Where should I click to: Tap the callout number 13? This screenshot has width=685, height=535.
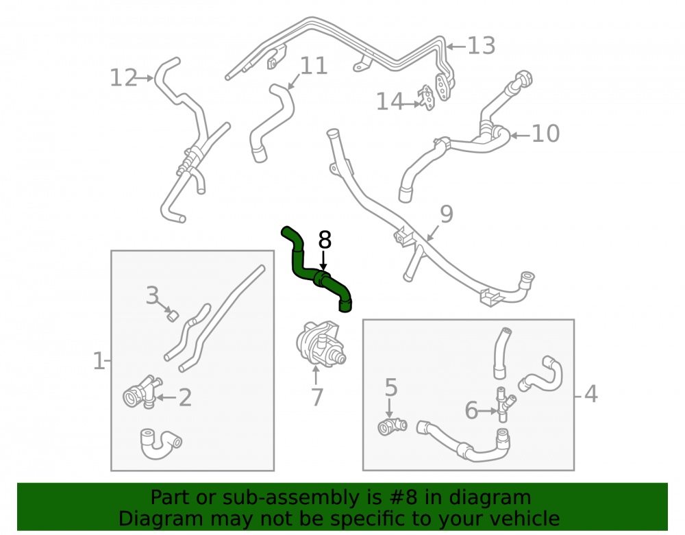click(x=481, y=46)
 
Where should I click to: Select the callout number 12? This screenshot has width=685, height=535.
click(x=123, y=77)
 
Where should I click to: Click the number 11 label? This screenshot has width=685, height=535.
click(x=314, y=66)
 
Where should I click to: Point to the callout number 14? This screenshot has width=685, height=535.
click(x=390, y=101)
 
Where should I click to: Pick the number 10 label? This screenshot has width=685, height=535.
click(x=546, y=134)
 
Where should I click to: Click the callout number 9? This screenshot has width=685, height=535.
click(x=447, y=214)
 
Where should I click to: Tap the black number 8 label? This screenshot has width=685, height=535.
click(x=325, y=240)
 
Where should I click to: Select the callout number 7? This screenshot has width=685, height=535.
click(x=316, y=397)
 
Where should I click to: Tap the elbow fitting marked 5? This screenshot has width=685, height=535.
click(x=392, y=426)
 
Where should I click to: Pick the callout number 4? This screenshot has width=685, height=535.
click(x=590, y=395)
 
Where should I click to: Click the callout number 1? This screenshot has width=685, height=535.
click(x=99, y=361)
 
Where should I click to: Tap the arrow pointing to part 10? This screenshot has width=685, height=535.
click(x=520, y=136)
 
